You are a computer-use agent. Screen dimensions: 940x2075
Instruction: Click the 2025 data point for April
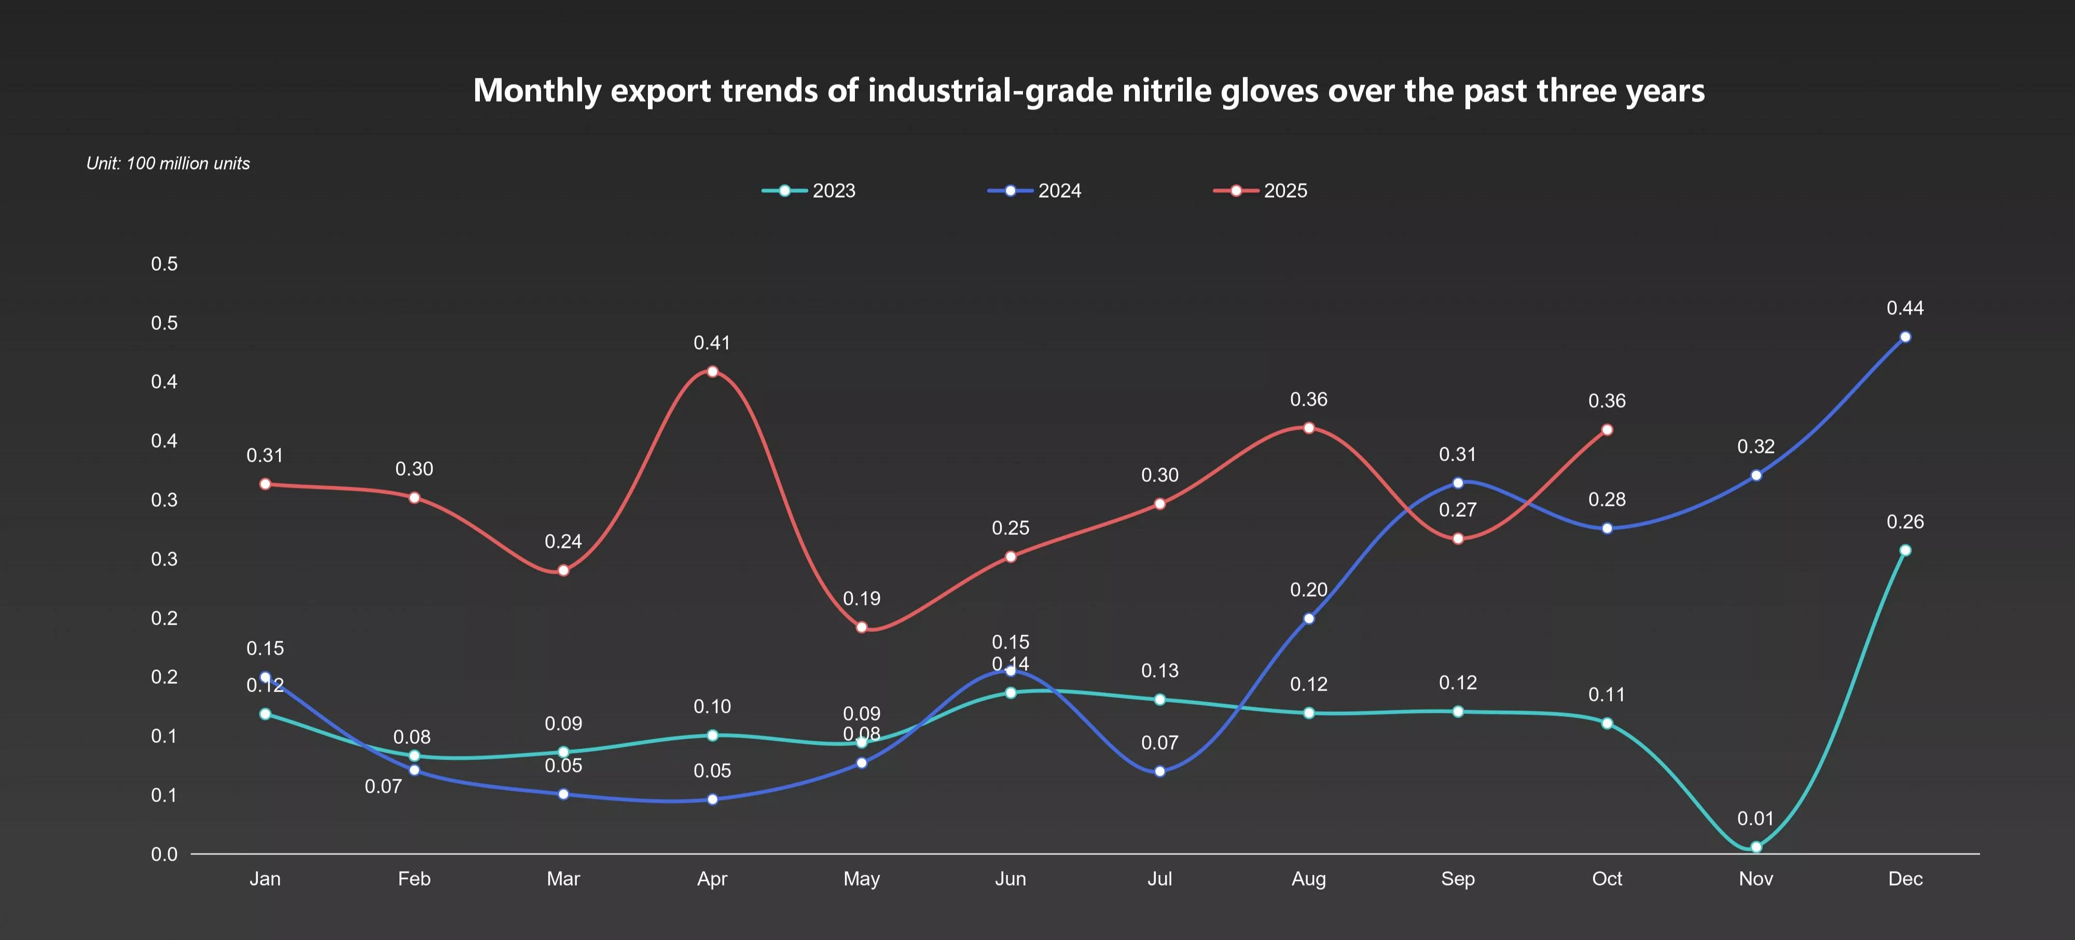coord(712,371)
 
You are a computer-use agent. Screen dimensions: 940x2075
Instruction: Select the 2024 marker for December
coord(1905,337)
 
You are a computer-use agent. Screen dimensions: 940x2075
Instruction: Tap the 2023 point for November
coord(1756,847)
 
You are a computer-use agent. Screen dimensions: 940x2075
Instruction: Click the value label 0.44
coord(1905,308)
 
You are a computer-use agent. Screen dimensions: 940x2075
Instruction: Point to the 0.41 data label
coord(712,342)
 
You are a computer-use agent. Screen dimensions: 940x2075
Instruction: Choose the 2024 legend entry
coord(1035,191)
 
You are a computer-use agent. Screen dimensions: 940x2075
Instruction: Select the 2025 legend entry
coord(1261,191)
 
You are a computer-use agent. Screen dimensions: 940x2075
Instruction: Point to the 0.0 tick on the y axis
coord(164,854)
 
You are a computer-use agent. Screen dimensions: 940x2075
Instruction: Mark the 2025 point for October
coord(1607,430)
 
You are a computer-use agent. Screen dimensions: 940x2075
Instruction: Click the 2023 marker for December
coord(1905,550)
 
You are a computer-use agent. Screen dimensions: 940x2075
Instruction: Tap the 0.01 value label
coord(1755,819)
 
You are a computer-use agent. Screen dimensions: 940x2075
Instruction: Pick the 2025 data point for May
coord(862,627)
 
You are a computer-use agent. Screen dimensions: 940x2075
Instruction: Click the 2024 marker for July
coord(1160,771)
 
